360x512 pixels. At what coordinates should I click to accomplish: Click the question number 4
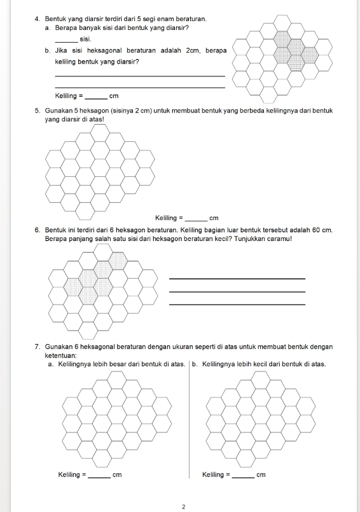pyautogui.click(x=37, y=19)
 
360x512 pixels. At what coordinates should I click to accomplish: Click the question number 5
pyautogui.click(x=37, y=111)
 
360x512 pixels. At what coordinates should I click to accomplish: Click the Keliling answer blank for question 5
pyautogui.click(x=196, y=221)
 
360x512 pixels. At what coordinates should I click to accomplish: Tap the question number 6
pyautogui.click(x=37, y=230)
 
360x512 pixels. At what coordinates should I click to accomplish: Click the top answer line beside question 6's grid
pyautogui.click(x=237, y=279)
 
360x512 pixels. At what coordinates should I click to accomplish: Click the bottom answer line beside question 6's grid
pyautogui.click(x=237, y=305)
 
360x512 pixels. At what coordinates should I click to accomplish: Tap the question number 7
pyautogui.click(x=37, y=347)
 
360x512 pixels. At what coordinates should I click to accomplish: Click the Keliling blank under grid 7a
pyautogui.click(x=100, y=478)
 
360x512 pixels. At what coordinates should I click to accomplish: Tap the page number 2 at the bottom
pyautogui.click(x=183, y=506)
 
